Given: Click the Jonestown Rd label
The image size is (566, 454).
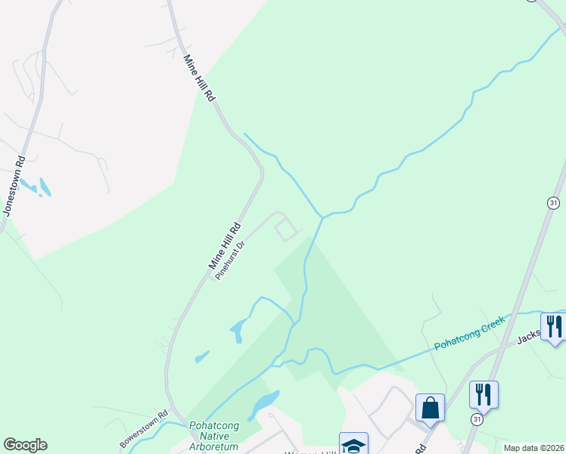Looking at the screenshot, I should point(15,186).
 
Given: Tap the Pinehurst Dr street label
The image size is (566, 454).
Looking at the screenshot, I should point(231,260).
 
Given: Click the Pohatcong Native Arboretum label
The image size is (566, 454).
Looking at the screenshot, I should point(214,436).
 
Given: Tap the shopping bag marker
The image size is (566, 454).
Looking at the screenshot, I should point(430,408).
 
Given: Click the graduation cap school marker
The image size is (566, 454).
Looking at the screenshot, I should point(353,445).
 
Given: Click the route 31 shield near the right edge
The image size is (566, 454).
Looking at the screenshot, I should point(553,202).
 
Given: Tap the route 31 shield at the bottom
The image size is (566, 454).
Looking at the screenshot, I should point(477,419).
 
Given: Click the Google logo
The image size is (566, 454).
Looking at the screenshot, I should point(25,445).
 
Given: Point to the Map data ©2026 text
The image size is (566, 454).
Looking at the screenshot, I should point(533,448).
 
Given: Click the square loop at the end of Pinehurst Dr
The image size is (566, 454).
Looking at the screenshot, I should point(285,228).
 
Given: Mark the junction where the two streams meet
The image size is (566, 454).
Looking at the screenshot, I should point(323,217).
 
